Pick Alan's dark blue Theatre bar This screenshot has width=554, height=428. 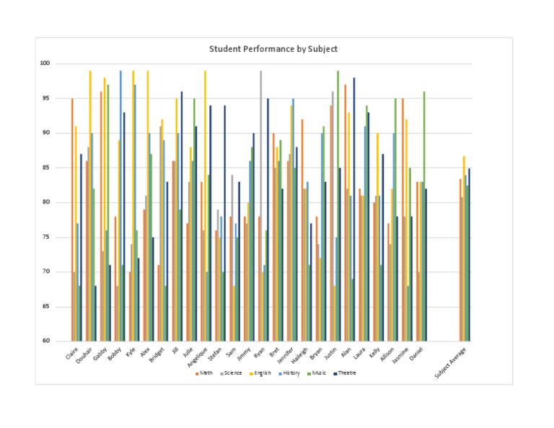354,209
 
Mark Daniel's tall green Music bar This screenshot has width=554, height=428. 424,217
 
